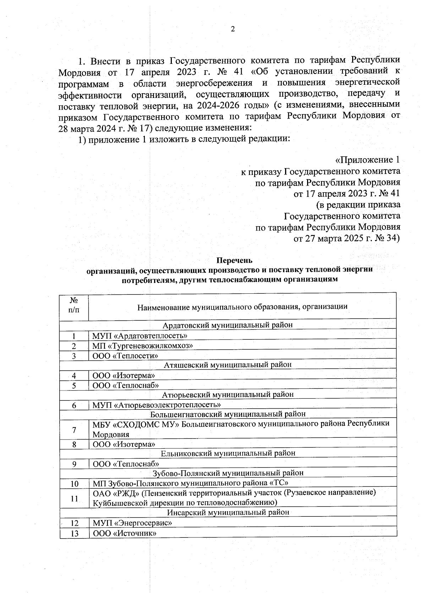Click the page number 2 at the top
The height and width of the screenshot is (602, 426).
(233, 29)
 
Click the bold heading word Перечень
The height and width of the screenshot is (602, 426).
(234, 261)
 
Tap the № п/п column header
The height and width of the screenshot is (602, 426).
(74, 305)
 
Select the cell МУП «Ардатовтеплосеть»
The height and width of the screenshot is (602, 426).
(140, 336)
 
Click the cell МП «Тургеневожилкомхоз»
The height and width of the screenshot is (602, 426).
(143, 346)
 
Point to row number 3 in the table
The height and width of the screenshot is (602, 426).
(74, 356)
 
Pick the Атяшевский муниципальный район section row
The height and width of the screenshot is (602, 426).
(228, 364)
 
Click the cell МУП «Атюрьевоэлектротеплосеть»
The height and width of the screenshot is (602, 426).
(157, 405)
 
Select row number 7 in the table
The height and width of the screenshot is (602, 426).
(74, 430)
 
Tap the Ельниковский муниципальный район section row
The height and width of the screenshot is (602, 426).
(228, 453)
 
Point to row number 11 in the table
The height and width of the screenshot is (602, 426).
(74, 498)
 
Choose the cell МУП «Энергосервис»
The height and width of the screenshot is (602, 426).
(132, 523)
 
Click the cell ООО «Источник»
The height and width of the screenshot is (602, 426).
(125, 533)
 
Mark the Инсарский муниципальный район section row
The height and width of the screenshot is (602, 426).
(228, 512)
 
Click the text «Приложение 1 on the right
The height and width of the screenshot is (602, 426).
(367, 160)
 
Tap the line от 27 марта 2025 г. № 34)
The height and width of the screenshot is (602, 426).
(346, 238)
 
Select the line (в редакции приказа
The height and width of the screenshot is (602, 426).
(358, 205)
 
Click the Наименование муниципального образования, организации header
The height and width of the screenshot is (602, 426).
(242, 306)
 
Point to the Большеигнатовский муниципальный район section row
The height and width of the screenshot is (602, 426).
(228, 414)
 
